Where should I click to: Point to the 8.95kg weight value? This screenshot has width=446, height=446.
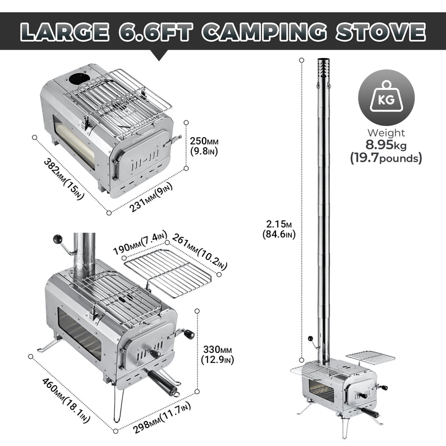pos(386,145)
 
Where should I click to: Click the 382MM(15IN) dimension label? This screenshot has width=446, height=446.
pos(63,174)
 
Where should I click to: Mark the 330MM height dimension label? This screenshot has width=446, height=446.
pos(216,353)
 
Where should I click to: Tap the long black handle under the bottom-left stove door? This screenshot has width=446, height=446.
pos(162,381)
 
